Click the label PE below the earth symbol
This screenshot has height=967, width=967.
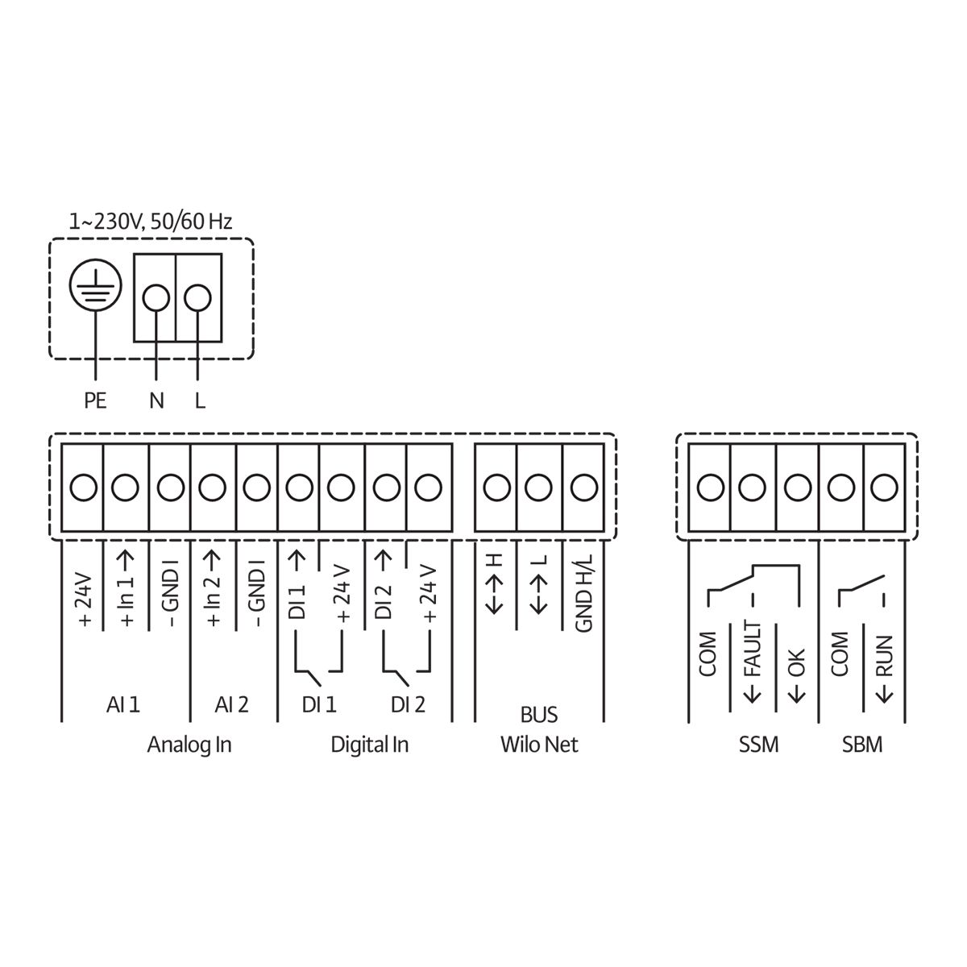tap(95, 400)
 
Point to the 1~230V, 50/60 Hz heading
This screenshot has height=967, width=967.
tap(151, 221)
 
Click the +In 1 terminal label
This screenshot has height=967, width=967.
tap(127, 592)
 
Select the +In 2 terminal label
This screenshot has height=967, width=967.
tap(214, 592)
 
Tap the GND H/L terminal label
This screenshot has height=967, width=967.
tap(585, 592)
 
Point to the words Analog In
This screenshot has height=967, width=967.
tap(189, 745)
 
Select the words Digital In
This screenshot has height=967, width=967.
tap(370, 745)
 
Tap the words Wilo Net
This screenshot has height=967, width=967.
tap(539, 745)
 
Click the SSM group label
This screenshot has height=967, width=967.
tap(758, 745)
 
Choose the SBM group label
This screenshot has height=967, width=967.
tap(862, 745)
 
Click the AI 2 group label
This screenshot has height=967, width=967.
tap(232, 705)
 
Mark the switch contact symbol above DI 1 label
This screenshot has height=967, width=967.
tap(319, 662)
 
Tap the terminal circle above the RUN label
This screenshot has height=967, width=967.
tap(884, 488)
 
